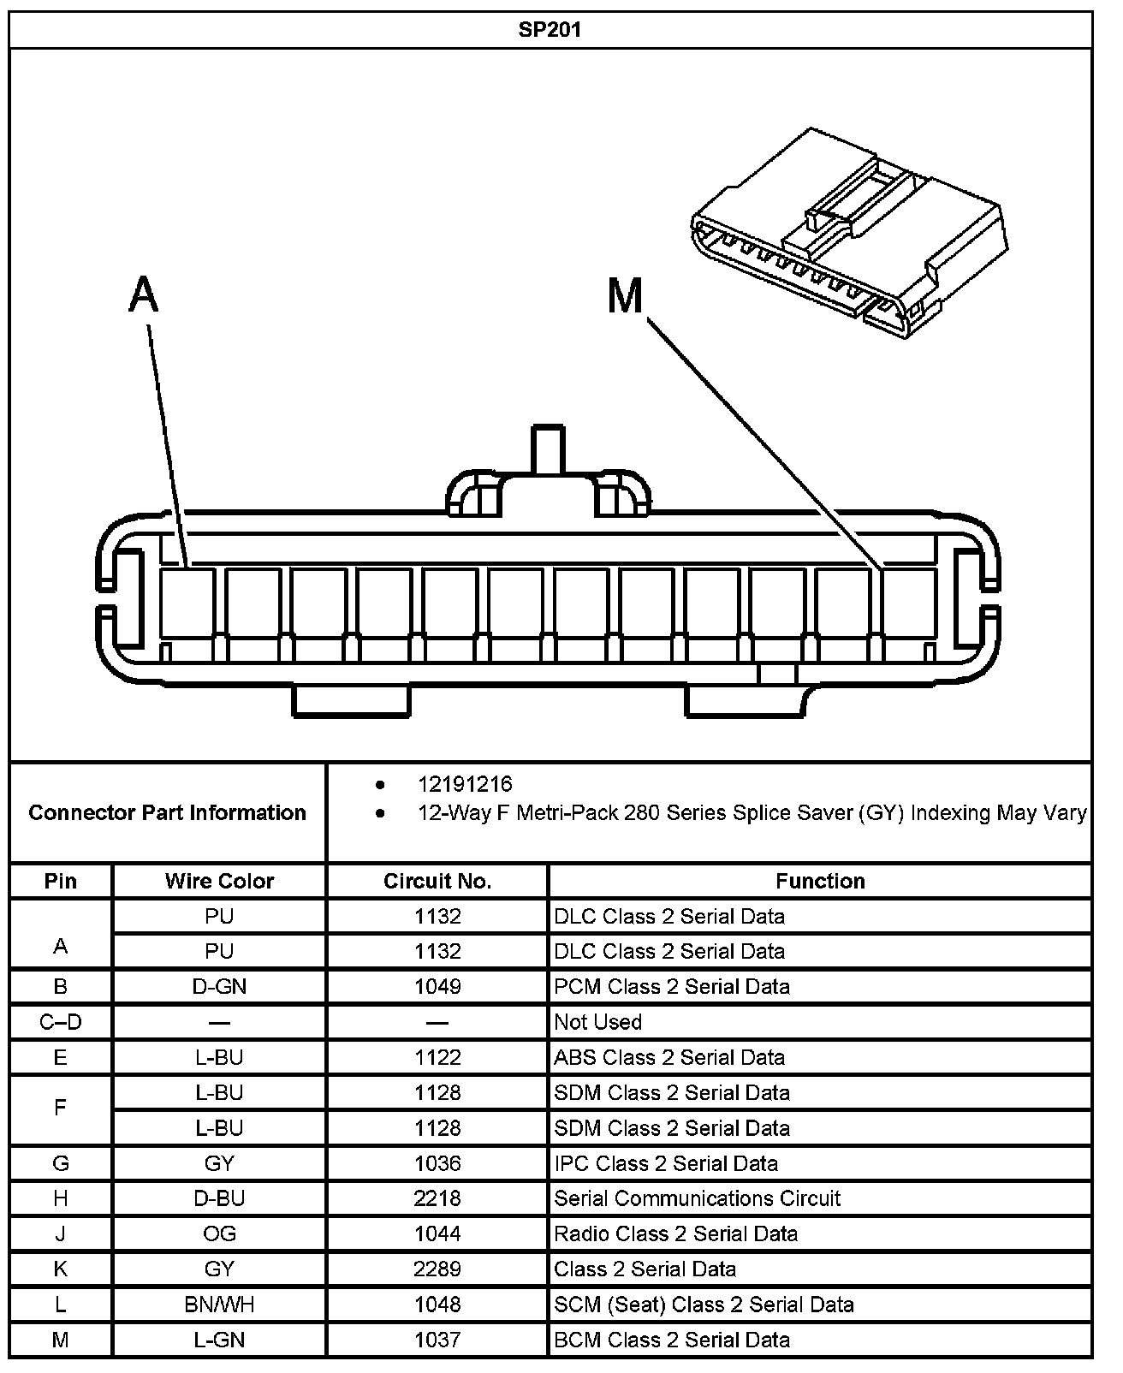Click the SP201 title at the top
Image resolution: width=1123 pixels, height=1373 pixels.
point(550,30)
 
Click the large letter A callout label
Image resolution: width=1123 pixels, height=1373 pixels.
point(144,295)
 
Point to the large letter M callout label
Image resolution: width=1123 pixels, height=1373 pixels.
point(625,296)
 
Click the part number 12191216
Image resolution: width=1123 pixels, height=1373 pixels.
point(465,784)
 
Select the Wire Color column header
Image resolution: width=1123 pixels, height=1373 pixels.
point(219,881)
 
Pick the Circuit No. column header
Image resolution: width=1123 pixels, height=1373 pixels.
point(437,881)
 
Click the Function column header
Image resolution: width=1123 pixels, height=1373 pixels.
point(820,881)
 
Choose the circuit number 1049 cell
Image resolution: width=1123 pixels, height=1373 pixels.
point(437,986)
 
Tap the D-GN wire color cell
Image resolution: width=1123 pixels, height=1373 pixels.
point(219,986)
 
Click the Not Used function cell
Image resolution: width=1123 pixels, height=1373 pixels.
point(598,1021)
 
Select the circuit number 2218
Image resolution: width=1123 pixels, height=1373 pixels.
point(437,1198)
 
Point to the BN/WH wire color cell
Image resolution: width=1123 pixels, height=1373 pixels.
point(219,1305)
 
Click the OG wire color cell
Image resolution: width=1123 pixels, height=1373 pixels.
point(219,1233)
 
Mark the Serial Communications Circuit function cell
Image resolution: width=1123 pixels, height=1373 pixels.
point(698,1198)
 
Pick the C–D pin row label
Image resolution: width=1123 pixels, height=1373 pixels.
point(61,1021)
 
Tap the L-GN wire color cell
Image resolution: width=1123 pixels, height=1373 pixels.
point(219,1340)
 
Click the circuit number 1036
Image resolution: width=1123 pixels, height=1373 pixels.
point(437,1163)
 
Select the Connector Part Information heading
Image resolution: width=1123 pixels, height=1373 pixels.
point(168,812)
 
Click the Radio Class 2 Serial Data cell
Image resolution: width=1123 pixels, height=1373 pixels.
point(676,1233)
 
